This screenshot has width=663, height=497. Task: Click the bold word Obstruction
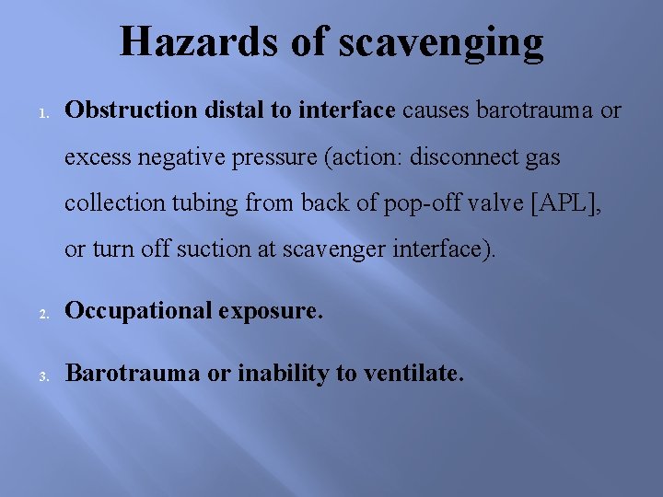131,110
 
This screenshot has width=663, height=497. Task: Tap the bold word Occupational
141,311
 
